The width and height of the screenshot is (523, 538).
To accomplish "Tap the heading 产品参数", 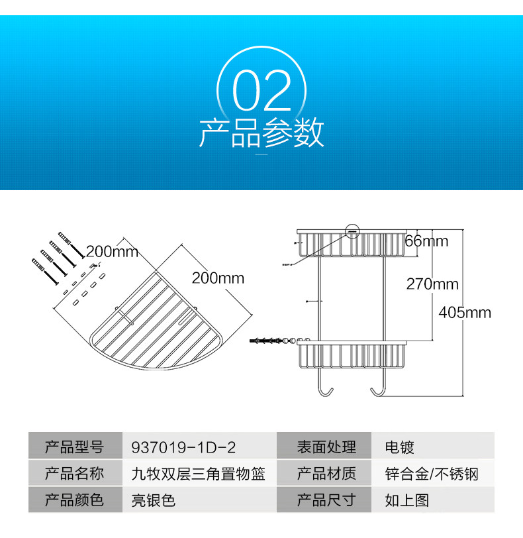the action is tap(261, 133).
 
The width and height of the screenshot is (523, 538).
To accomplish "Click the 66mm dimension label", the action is tap(426, 241).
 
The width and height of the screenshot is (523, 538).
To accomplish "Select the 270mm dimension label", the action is tap(432, 284).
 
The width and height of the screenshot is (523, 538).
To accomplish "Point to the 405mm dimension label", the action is tap(465, 312).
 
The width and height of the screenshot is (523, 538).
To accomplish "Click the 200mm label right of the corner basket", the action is tap(218, 278).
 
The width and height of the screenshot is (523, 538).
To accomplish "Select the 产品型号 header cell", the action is tap(74, 447).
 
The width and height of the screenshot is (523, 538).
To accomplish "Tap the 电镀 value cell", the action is tap(400, 447).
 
